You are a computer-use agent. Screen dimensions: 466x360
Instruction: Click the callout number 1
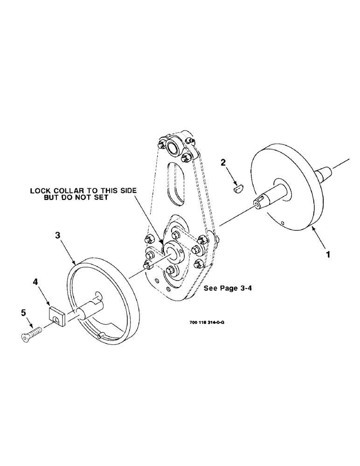coord(329,255)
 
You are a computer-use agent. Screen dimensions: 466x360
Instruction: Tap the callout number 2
coord(223,163)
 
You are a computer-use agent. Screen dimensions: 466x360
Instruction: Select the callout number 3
coord(58,236)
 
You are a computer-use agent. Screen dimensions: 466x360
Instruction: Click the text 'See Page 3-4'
coord(227,289)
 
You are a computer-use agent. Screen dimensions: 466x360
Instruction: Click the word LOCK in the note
coord(40,191)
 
